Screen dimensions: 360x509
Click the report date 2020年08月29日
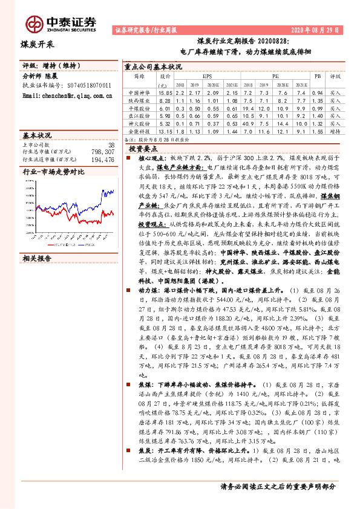[x=315, y=28]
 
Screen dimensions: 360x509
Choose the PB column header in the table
[x=317, y=77]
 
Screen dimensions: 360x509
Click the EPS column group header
[x=207, y=77]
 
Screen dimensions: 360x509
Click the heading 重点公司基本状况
[x=152, y=67]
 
